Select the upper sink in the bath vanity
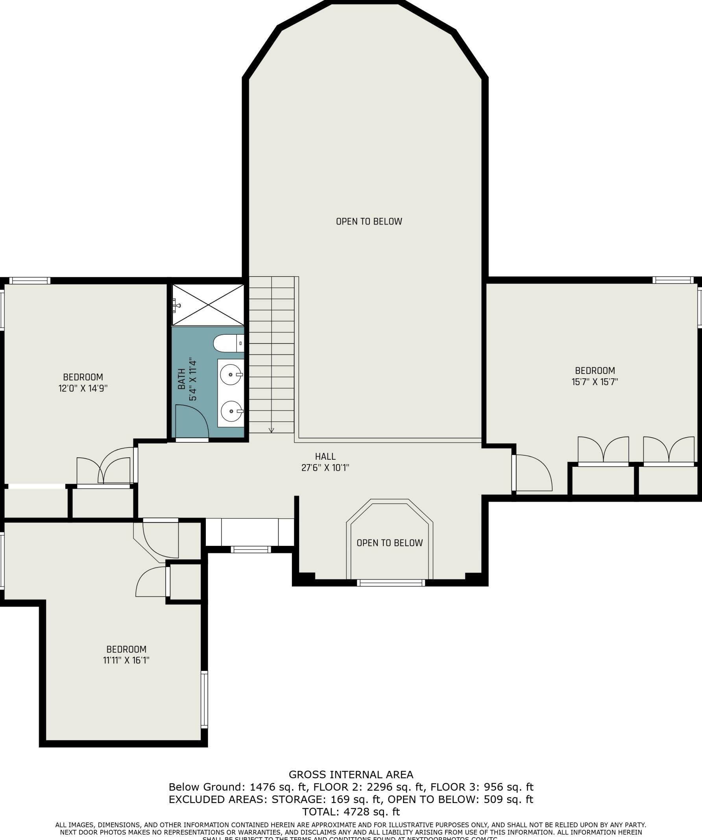231,375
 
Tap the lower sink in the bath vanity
231,411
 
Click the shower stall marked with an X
208,305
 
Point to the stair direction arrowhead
272,430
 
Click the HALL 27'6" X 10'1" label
325,462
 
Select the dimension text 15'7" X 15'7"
595,382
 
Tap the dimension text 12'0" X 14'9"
83,389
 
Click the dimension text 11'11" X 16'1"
126,660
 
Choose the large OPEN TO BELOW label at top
369,221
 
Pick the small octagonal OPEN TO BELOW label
390,543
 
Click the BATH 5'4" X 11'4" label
187,379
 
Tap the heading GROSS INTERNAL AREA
351,775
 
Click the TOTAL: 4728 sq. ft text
351,812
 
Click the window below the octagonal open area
391,583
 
